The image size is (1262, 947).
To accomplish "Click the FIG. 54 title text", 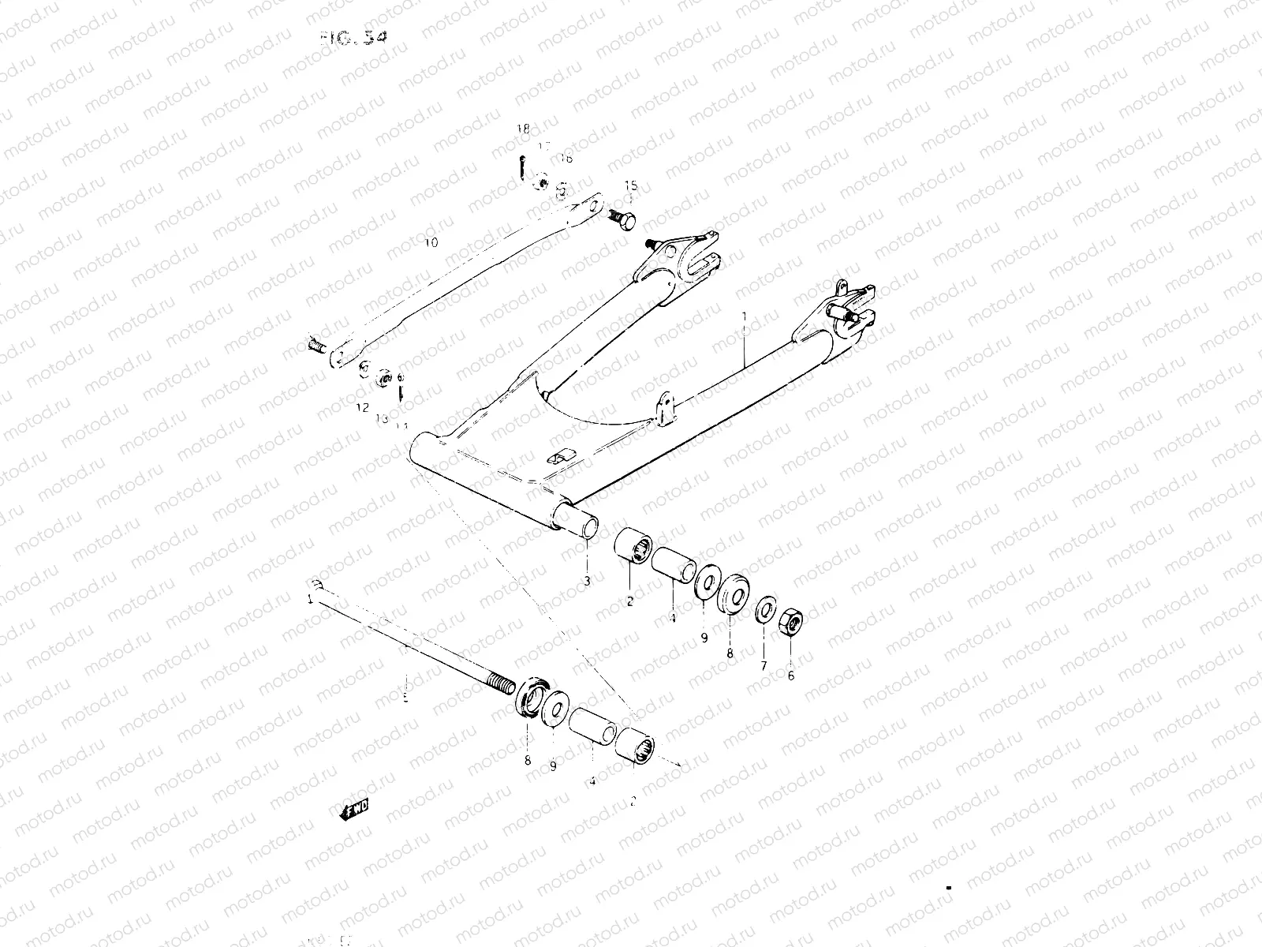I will point(355,37).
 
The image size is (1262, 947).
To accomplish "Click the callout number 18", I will point(523,129).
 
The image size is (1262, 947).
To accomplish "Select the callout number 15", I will point(630,186).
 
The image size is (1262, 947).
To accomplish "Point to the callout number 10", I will point(431,242).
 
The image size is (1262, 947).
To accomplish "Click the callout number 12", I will point(362,408).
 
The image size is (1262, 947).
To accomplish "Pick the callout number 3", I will point(587,582).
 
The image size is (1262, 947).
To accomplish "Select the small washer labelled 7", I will point(764,611).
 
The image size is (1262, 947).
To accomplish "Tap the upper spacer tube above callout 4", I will point(673,566).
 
